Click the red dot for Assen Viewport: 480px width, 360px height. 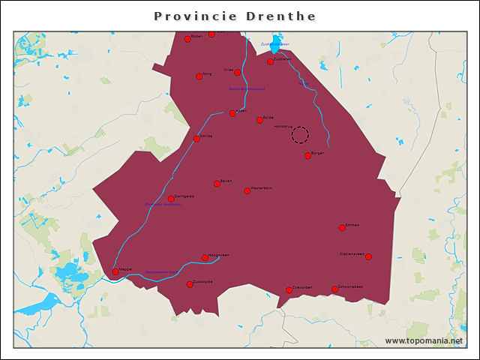click(232, 113)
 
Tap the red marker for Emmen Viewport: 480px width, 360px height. click(342, 227)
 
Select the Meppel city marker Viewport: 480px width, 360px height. click(115, 271)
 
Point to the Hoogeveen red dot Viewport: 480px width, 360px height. click(205, 257)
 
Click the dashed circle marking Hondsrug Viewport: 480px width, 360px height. click(300, 135)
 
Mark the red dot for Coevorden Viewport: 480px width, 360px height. click(289, 289)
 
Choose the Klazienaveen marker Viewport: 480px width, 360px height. click(368, 256)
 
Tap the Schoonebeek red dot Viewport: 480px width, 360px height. click(334, 289)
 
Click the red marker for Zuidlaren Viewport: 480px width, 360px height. click(270, 61)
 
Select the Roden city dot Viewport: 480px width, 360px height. click(187, 39)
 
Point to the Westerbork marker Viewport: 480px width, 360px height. click(247, 190)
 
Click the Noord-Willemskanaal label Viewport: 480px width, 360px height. click(247, 89)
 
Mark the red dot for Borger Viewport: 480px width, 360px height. click(307, 155)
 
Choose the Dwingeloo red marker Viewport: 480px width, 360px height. click(171, 199)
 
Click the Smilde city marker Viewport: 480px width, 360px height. click(196, 138)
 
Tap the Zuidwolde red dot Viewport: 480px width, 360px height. click(190, 284)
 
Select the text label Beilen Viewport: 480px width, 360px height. click(226, 181)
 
